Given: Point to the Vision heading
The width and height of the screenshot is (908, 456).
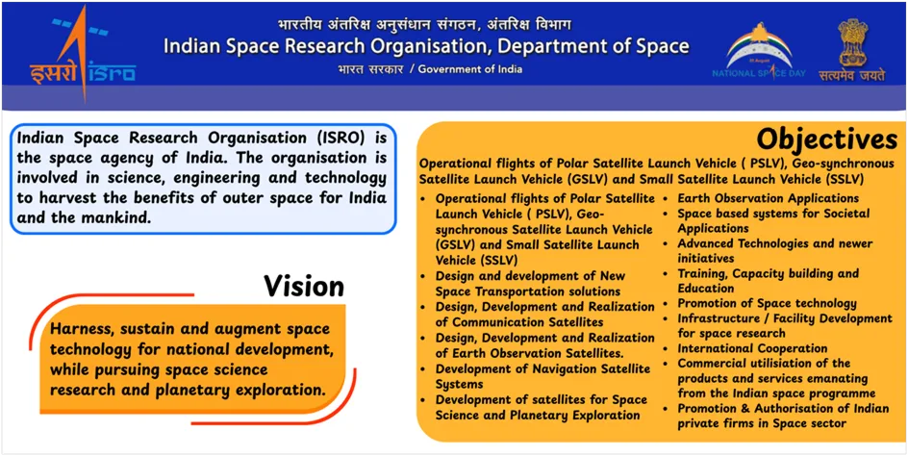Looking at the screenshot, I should [x=303, y=286].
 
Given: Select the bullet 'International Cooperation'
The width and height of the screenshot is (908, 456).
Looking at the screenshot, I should [x=752, y=348].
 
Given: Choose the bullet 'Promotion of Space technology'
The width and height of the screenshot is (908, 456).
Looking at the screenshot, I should [x=767, y=303].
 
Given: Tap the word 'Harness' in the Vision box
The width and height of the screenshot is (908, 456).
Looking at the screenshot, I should [x=84, y=328].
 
